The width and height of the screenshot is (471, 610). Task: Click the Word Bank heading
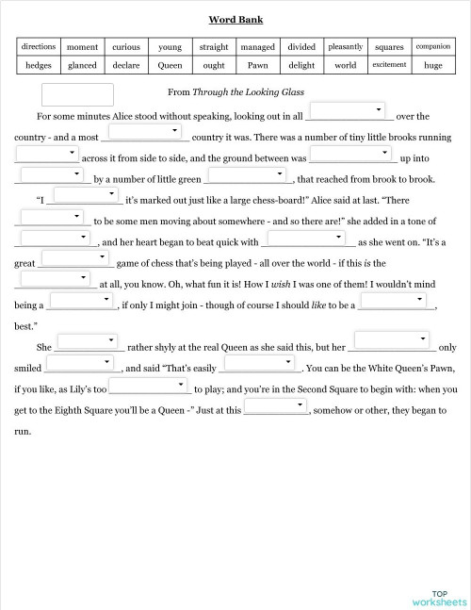coord(235,19)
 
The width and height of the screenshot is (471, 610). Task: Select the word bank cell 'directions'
coord(38,46)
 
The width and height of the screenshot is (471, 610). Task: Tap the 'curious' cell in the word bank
coord(126,46)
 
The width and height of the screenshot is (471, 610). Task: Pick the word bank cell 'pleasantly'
coord(345,46)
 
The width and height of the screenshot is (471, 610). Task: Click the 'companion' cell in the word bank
coord(432,46)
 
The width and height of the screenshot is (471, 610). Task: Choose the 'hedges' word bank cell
coord(38,65)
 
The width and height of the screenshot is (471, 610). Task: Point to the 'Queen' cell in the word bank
coord(170,65)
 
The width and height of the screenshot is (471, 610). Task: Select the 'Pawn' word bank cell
coord(257,65)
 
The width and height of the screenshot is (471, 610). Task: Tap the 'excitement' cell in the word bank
coord(389,65)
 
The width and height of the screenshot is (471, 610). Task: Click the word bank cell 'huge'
coord(432,65)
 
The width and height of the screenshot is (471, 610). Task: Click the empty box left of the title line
coord(78,93)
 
